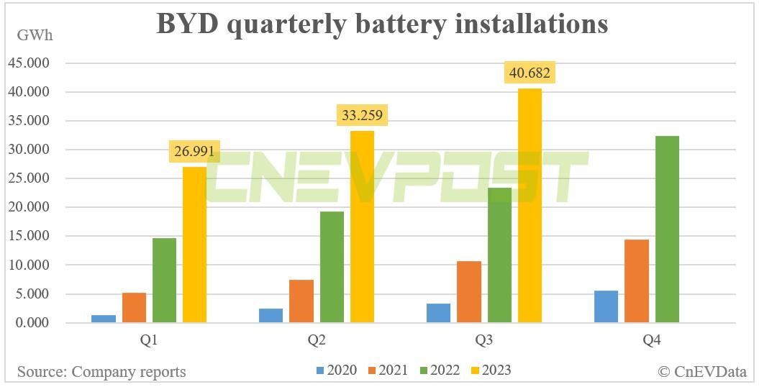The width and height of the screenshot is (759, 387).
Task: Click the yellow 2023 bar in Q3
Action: [530, 205]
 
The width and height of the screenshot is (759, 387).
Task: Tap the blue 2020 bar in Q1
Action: [104, 318]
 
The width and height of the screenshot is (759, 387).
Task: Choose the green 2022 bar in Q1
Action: [165, 280]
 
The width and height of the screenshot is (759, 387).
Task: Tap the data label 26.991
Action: [195, 152]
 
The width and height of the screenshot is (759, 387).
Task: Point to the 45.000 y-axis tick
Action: [28, 63]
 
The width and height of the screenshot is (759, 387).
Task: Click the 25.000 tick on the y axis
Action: [28, 178]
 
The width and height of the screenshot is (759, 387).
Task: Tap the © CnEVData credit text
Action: [702, 371]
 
